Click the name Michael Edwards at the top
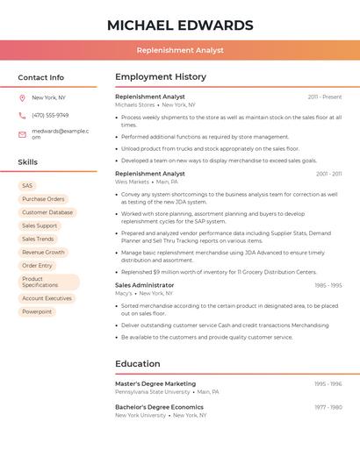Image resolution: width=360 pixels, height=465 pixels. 179,25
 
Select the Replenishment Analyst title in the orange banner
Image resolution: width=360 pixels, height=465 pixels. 179,51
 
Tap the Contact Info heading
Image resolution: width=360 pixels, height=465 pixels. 40,77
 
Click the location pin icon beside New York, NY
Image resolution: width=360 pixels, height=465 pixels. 22,97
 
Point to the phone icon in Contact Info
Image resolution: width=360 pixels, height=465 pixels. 22,115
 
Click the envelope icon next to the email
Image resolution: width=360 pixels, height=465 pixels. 22,133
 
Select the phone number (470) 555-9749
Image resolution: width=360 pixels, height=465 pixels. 50,115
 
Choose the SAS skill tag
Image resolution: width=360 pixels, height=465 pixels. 27,186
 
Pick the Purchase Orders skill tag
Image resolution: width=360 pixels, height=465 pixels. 43,199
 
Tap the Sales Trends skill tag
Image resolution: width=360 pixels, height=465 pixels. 38,239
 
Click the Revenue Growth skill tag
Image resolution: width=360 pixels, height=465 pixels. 43,252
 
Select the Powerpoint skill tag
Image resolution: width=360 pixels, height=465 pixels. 37,311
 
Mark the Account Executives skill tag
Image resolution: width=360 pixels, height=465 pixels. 47,298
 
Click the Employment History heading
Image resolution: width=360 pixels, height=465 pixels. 161,77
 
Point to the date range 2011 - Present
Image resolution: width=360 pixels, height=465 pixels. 324,97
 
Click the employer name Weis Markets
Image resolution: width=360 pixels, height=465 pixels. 133,182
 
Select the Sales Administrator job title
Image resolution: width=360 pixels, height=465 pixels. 145,285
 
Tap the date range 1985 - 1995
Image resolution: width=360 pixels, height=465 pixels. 328,285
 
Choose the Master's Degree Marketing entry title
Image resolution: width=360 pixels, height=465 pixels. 155,383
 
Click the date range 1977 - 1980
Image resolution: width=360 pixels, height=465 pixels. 328,407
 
